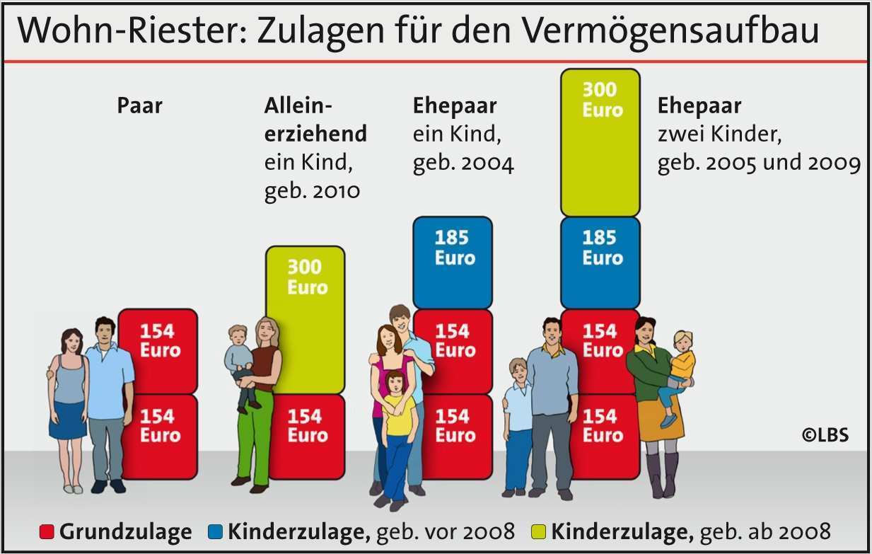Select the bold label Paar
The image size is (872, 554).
[139, 106]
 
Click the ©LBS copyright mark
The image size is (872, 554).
[825, 435]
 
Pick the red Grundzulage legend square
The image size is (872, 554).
[47, 532]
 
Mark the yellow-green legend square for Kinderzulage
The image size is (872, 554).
[538, 532]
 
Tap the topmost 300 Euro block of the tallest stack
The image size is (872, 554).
[600, 142]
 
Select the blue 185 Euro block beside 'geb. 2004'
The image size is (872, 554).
[453, 262]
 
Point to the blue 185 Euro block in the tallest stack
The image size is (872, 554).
[600, 262]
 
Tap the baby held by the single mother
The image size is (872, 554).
[240, 361]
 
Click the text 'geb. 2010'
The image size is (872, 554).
[312, 191]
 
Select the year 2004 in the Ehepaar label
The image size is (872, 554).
[487, 164]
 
